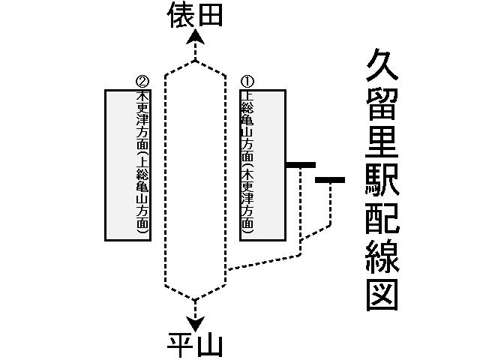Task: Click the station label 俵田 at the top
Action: pyautogui.click(x=195, y=14)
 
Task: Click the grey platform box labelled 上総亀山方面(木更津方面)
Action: pyautogui.click(x=262, y=165)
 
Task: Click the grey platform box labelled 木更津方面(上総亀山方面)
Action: pyautogui.click(x=128, y=165)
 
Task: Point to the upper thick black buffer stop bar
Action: pyautogui.click(x=300, y=164)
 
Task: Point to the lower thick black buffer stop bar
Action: pyautogui.click(x=330, y=180)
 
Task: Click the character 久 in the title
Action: pyautogui.click(x=382, y=68)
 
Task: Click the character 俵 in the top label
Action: pyautogui.click(x=180, y=14)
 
